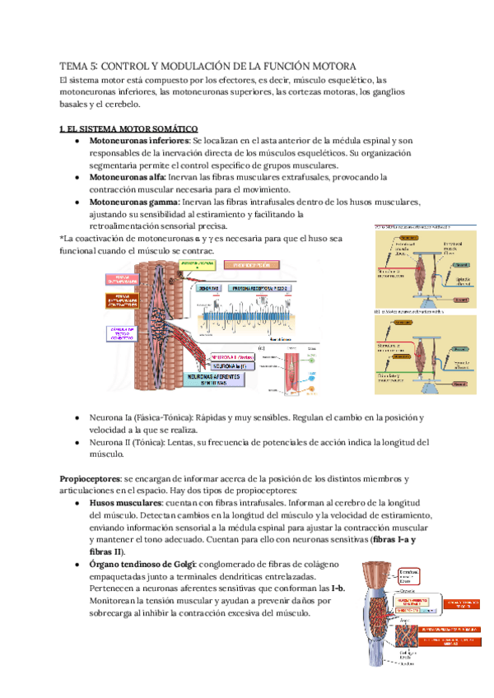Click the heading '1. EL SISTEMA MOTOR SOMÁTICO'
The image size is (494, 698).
tap(128, 129)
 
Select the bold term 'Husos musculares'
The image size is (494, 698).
tap(126, 503)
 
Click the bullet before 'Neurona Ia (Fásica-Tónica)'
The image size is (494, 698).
tap(77, 418)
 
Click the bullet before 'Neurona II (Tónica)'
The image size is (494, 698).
tap(77, 442)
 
